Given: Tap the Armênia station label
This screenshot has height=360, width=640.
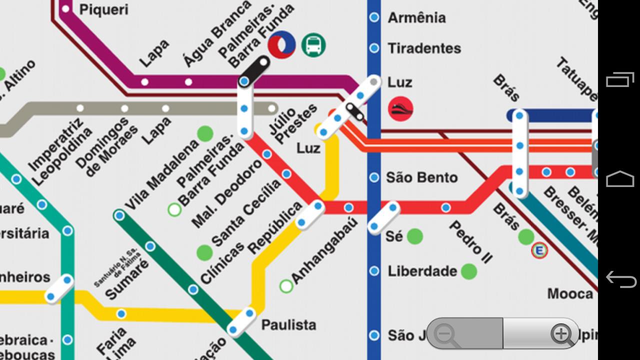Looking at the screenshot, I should tap(416, 18).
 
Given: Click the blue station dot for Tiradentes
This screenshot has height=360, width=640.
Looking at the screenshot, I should tap(374, 48).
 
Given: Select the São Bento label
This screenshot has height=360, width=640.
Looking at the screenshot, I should tap(422, 177).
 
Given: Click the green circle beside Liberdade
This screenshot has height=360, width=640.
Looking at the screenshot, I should tap(468, 271).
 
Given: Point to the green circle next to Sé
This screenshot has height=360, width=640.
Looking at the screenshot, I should tap(414, 236).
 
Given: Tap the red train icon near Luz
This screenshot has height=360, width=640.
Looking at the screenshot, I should tap(400, 109).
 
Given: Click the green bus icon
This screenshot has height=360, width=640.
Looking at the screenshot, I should tap(313, 45).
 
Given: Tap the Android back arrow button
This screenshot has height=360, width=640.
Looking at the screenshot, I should tap(620, 278).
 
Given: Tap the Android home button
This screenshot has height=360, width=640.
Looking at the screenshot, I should tap(620, 179).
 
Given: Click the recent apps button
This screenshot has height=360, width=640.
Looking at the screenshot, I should tap(620, 80).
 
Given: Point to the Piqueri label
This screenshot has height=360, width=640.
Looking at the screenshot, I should tap(103, 9).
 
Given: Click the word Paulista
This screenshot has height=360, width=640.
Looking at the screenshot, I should tap(288, 325).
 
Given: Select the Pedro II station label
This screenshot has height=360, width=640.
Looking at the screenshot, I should tap(470, 242).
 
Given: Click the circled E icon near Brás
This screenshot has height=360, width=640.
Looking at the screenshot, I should tap(539, 250).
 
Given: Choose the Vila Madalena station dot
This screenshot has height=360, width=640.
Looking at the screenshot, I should tap(119, 215).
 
